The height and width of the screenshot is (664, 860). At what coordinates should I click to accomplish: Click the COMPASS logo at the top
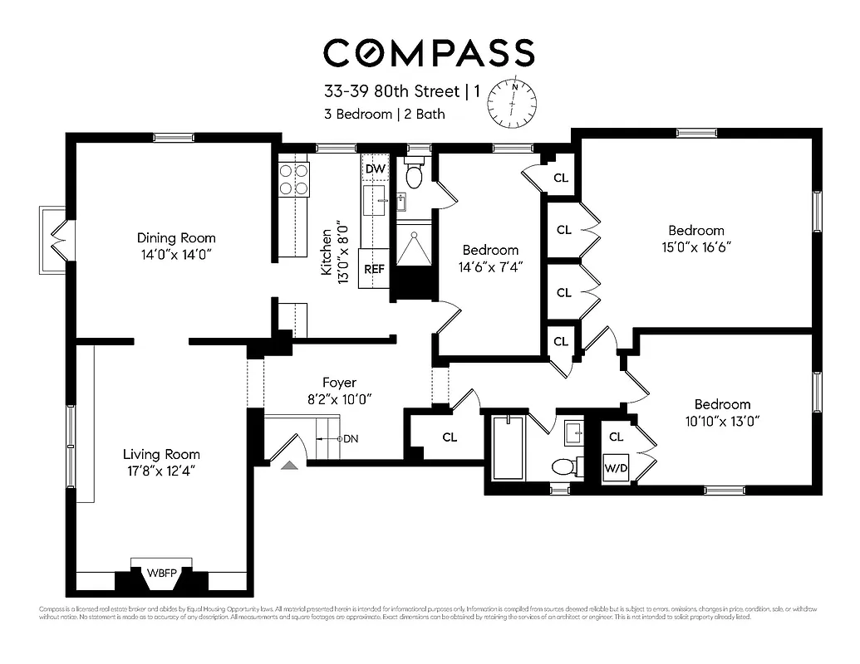coord(429,52)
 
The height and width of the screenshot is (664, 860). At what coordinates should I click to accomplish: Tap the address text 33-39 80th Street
coord(393,91)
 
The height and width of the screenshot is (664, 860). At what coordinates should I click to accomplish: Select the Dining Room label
coord(175,237)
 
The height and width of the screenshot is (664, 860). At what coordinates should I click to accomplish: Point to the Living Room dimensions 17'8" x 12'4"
coord(161,471)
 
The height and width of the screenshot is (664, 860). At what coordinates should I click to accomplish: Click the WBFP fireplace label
coord(162,573)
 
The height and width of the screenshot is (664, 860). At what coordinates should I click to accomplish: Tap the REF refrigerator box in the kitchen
coord(373,269)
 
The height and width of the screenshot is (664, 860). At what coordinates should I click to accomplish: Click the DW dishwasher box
coord(376,169)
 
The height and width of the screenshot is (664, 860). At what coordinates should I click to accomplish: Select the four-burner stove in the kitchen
coord(294,178)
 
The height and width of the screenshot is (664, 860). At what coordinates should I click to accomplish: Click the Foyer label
coord(339,383)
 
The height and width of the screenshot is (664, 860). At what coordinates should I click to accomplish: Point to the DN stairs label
coord(351,438)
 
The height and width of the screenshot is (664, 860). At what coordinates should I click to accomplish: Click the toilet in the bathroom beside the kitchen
coord(413,176)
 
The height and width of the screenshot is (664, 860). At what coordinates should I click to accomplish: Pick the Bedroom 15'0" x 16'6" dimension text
coord(696,247)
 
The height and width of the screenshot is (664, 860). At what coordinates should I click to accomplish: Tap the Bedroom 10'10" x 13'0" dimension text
coord(722,421)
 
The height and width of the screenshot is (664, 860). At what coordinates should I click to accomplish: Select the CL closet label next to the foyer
coord(450,437)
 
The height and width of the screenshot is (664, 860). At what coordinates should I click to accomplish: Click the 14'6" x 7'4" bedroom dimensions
coord(490,266)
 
